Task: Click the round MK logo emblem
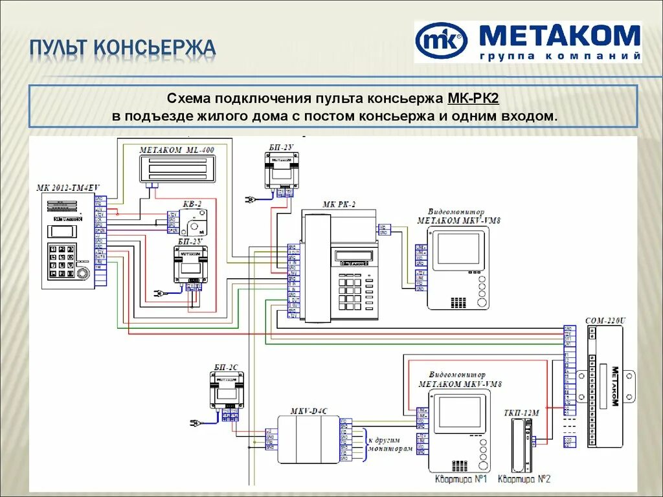point(441,41)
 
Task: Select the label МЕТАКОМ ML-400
point(177,149)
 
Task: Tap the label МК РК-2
point(339,204)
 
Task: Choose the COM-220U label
point(605,320)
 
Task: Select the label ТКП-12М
point(521,412)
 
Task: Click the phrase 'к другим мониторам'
point(388,444)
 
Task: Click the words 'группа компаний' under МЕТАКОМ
point(559,56)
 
